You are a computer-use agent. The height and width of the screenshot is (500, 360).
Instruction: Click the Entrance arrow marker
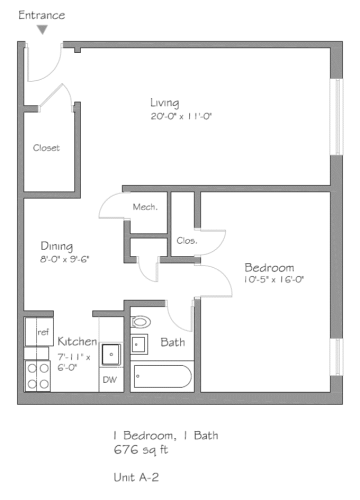click(x=41, y=30)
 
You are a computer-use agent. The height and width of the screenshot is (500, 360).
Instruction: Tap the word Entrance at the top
click(x=42, y=15)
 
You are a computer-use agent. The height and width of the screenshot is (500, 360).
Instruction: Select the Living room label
click(x=164, y=103)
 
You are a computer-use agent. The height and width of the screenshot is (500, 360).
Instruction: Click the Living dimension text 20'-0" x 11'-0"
click(x=181, y=117)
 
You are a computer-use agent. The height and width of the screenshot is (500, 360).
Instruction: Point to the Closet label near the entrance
click(x=46, y=147)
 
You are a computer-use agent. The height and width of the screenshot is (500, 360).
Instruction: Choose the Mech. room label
click(x=145, y=207)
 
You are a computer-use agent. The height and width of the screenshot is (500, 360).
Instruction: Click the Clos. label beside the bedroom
click(x=186, y=240)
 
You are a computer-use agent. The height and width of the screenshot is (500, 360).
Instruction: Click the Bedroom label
click(x=270, y=267)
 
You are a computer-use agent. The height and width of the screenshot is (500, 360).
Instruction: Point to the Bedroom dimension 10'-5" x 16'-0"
click(x=274, y=280)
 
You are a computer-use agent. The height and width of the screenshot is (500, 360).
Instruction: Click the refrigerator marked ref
click(x=40, y=331)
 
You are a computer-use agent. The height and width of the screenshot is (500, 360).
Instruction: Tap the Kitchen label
click(x=77, y=342)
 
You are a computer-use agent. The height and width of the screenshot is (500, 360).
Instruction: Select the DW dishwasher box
click(x=110, y=381)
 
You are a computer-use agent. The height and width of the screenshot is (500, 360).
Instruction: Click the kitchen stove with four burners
click(x=39, y=375)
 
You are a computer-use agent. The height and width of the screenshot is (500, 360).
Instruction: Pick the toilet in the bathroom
click(x=140, y=322)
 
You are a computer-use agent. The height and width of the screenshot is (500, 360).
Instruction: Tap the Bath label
click(x=173, y=343)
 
